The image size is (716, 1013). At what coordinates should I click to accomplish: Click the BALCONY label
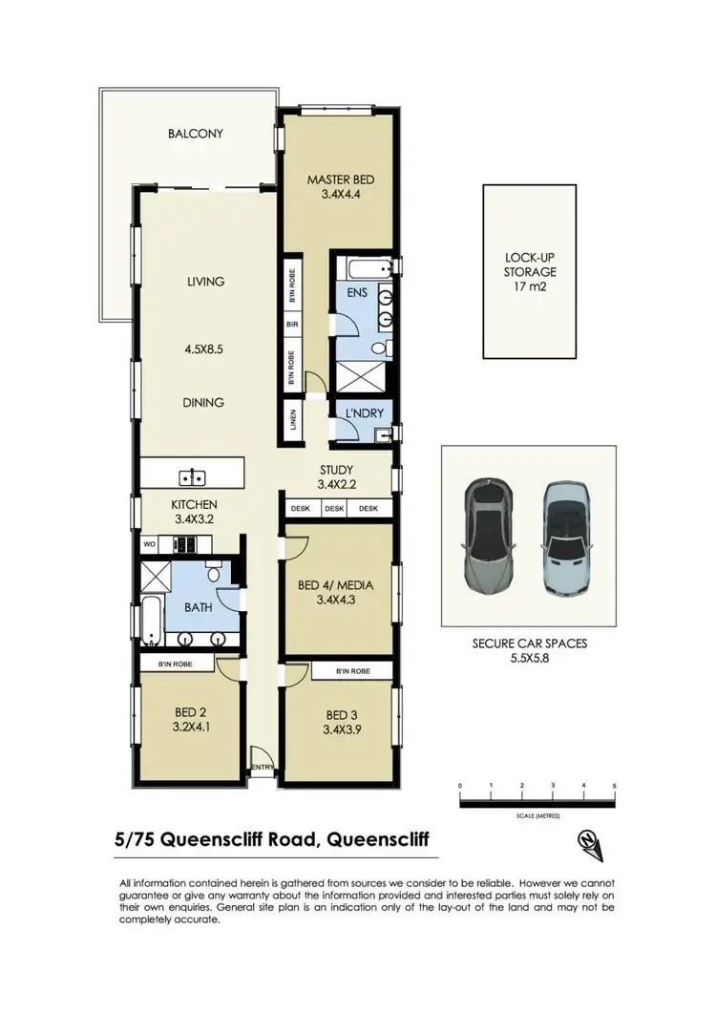[195, 134]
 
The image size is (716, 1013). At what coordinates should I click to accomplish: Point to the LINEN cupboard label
[293, 422]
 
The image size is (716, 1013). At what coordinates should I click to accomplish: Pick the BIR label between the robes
[293, 325]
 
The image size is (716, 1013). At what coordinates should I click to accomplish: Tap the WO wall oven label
[149, 544]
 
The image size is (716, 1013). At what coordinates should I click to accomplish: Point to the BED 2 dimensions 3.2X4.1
[190, 727]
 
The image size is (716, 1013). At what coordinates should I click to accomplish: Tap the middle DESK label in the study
[334, 509]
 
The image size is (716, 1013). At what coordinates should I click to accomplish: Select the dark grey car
[488, 536]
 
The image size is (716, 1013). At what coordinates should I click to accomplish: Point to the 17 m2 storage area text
[530, 285]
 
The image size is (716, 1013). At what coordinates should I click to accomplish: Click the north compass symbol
[589, 840]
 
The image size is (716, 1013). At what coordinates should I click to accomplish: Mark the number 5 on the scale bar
[615, 785]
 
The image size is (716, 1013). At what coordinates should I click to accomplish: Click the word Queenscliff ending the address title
[378, 840]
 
